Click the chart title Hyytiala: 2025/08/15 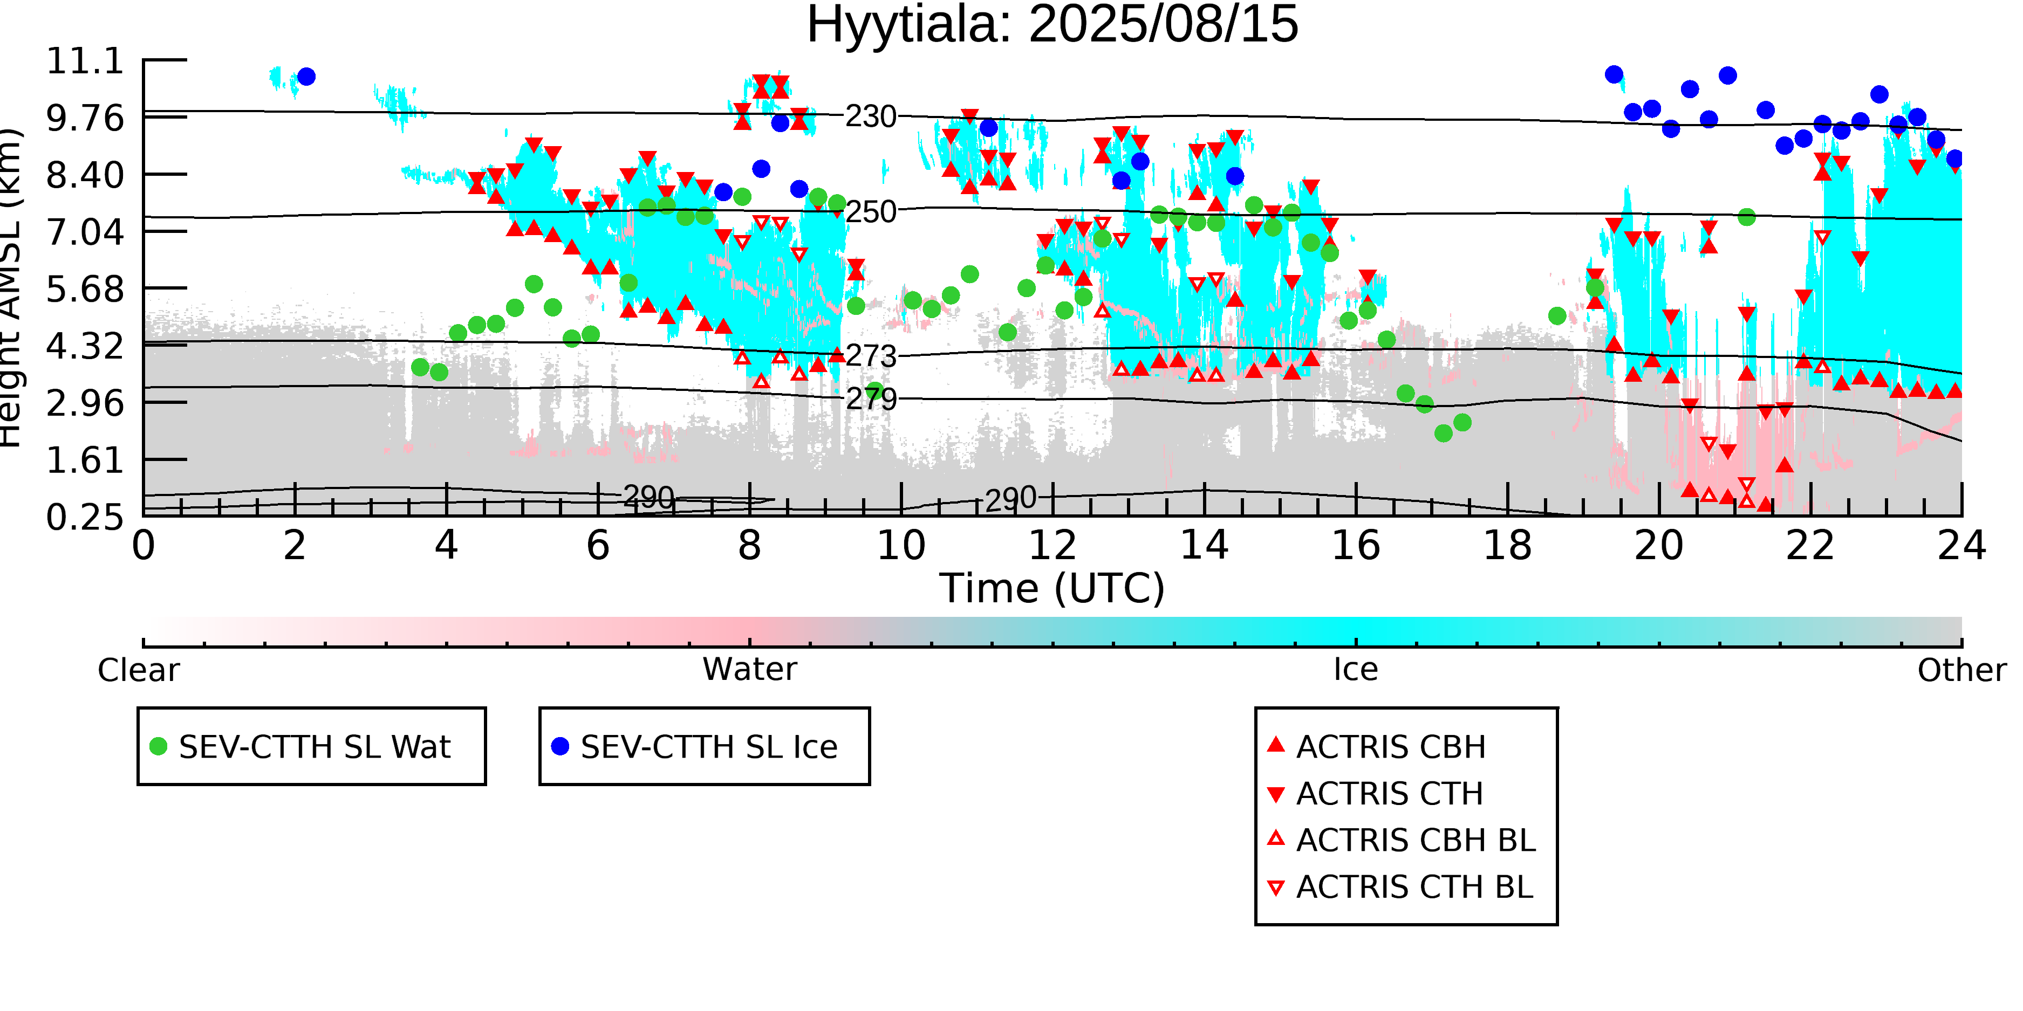(1052, 25)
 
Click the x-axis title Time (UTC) (1052, 589)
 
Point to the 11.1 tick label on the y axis (85, 61)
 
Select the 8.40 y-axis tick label (85, 175)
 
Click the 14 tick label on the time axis (1204, 546)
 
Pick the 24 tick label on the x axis (1961, 546)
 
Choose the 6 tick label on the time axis (598, 546)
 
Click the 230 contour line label (870, 117)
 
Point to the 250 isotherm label (870, 212)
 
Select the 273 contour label (870, 356)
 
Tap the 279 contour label (870, 400)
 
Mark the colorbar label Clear (138, 670)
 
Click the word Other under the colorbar (1961, 670)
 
